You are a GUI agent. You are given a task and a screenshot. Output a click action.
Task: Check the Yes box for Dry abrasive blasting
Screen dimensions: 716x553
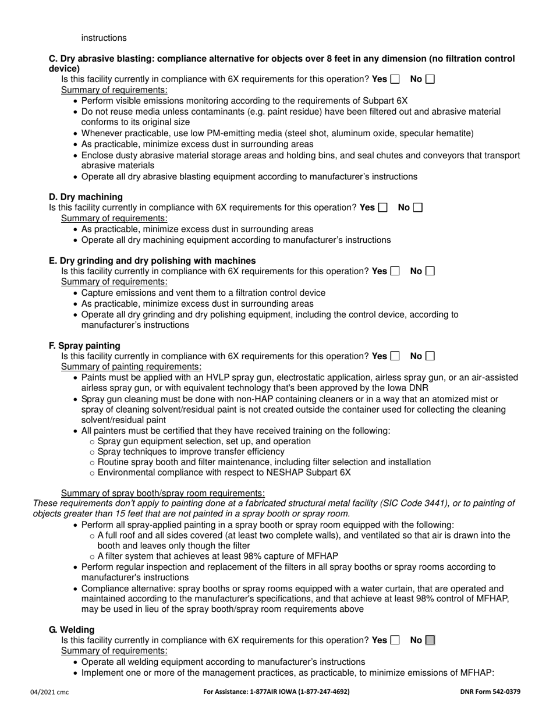click(395, 79)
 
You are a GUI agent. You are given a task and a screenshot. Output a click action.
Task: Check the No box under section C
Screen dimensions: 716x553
click(430, 79)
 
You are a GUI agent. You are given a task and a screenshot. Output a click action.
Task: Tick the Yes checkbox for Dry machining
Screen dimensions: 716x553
click(382, 207)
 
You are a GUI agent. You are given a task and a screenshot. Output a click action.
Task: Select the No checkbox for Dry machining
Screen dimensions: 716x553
click(417, 207)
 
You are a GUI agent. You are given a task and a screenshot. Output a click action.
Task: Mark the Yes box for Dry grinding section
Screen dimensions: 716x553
click(395, 271)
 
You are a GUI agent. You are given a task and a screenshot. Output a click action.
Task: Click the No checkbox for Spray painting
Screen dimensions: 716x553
click(430, 356)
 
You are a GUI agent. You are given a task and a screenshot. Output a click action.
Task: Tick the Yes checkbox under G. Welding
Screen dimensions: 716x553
click(395, 640)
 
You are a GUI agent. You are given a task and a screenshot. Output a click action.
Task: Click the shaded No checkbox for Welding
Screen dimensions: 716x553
click(430, 640)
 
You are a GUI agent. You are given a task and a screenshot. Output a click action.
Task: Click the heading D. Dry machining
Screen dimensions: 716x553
click(86, 197)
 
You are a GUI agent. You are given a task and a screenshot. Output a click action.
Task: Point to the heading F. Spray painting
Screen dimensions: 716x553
click(84, 346)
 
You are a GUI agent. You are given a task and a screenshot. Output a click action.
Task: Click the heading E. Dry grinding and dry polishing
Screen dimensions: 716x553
click(152, 261)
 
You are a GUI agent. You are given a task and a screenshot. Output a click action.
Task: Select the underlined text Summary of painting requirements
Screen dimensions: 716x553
click(131, 367)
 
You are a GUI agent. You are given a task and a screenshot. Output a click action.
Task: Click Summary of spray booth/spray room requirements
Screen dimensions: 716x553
click(162, 493)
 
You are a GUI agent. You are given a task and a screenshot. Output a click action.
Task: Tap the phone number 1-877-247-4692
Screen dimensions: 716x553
click(322, 692)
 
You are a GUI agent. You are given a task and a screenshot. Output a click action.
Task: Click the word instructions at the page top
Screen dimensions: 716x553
click(104, 38)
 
